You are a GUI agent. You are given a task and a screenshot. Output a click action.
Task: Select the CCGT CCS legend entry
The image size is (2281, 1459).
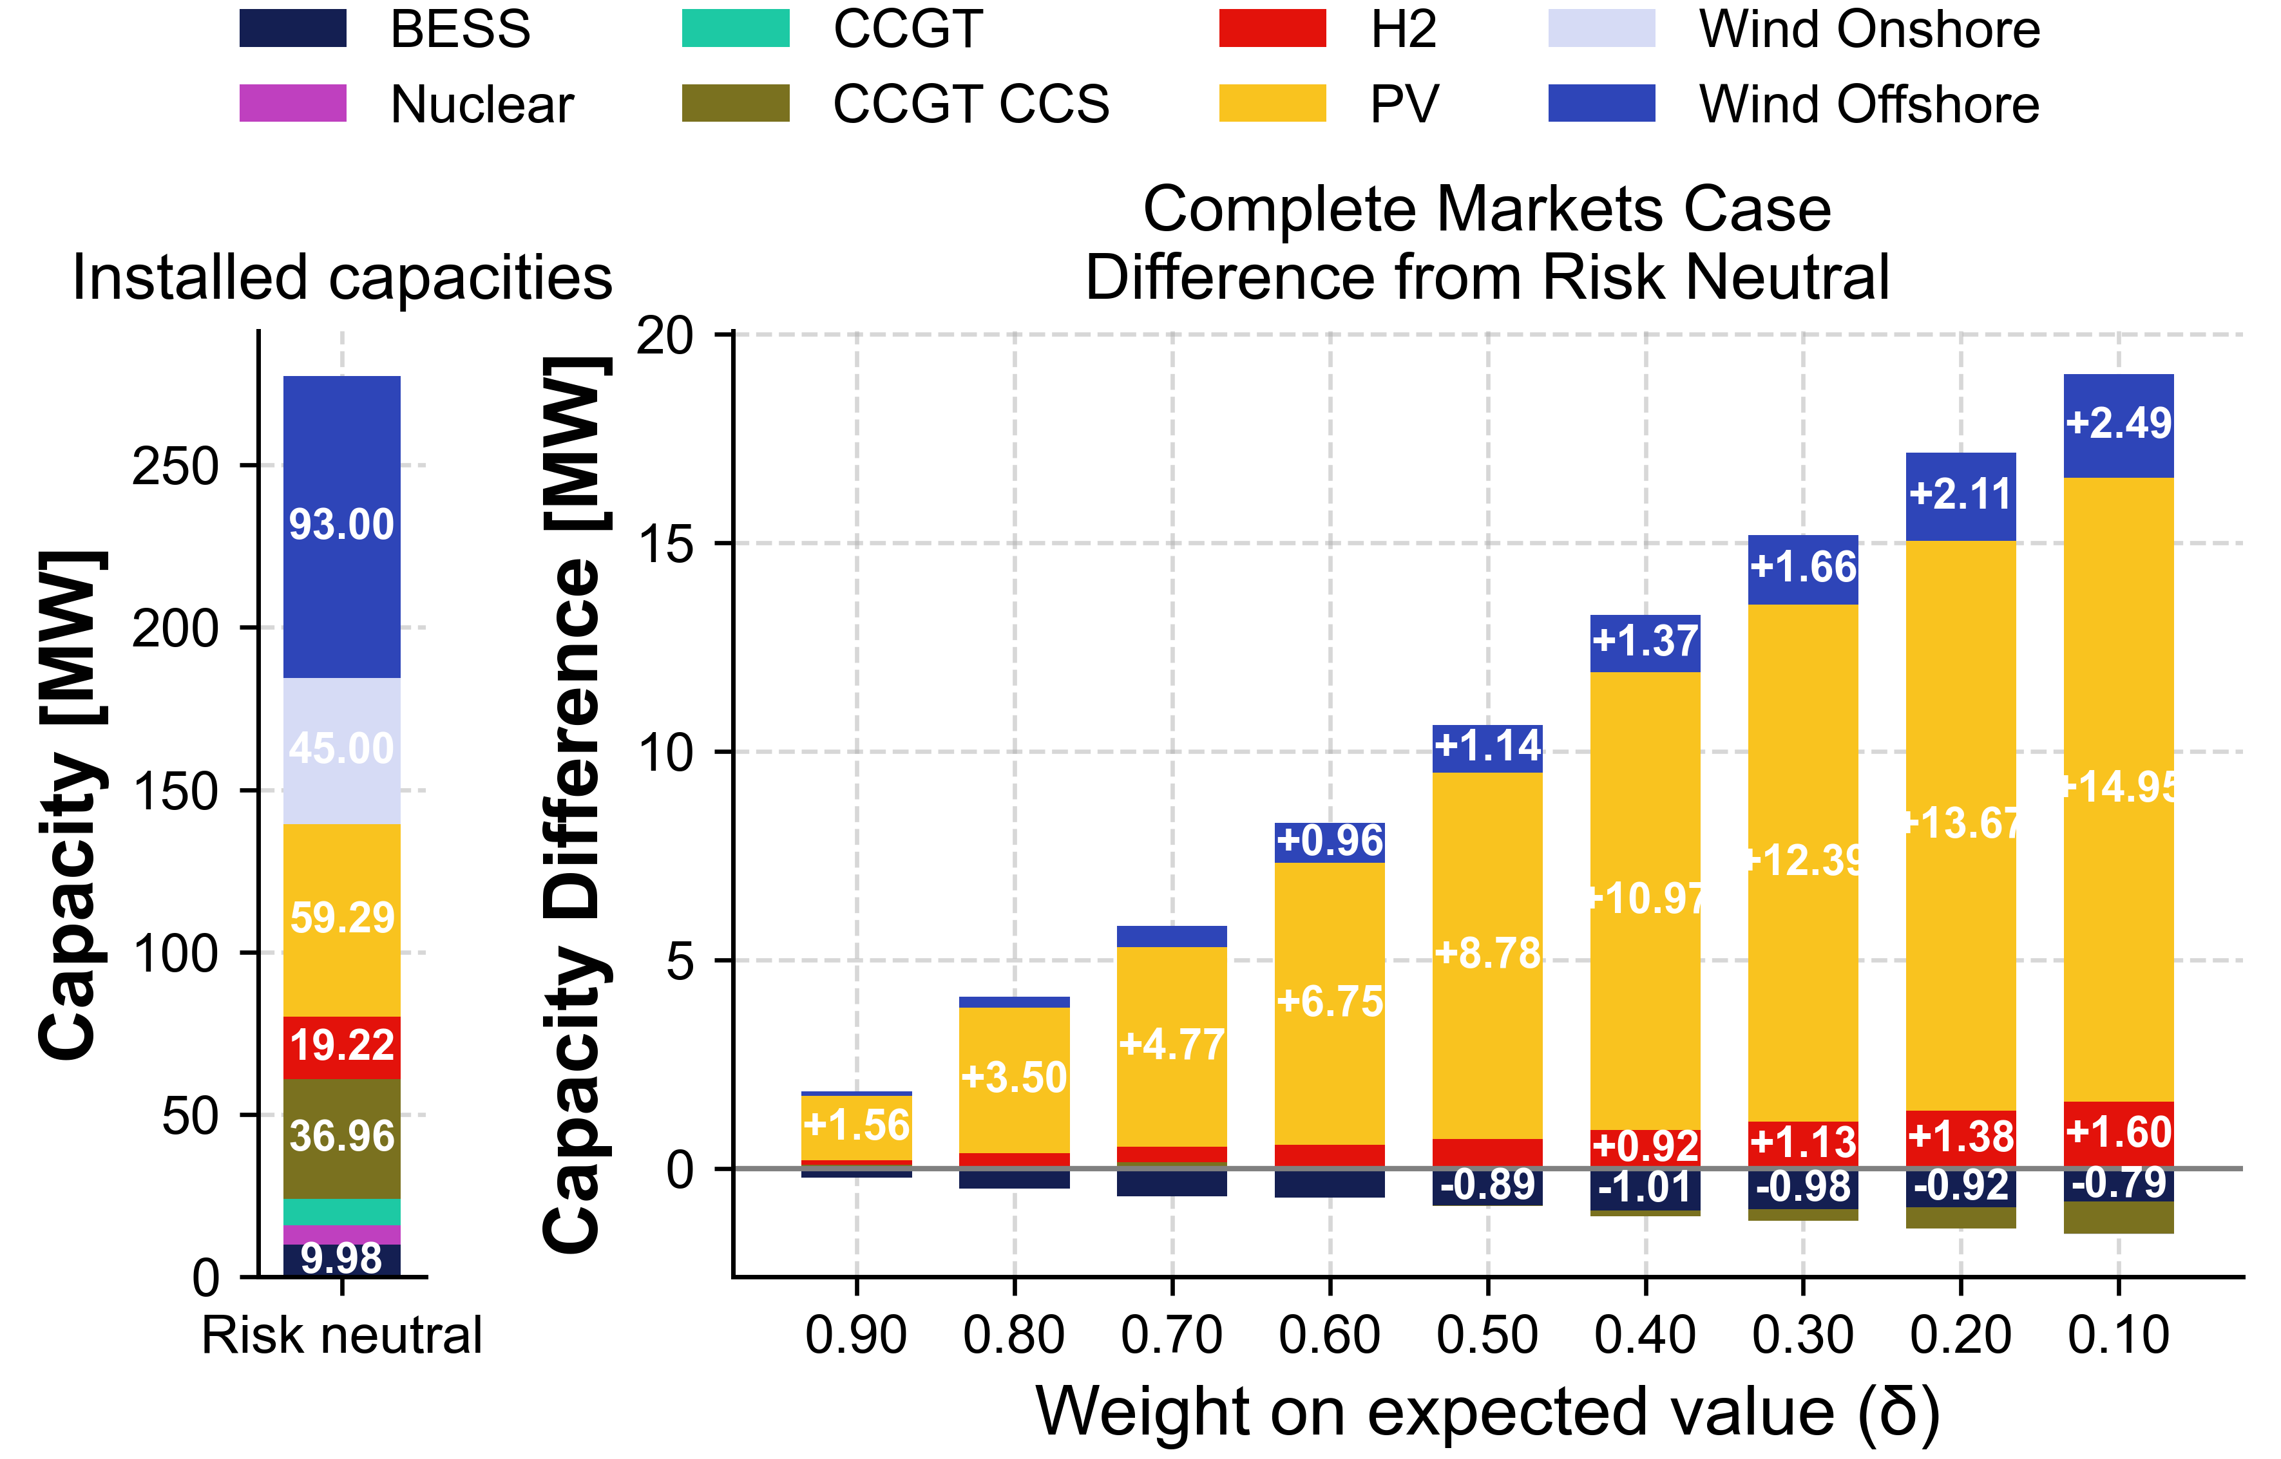coord(969,103)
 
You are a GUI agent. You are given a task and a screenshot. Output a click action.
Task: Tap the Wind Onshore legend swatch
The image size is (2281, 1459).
coord(1601,28)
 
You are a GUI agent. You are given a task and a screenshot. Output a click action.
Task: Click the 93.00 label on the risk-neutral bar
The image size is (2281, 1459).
coord(341,525)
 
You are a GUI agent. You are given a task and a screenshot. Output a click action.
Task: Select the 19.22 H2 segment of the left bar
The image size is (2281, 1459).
coord(341,1045)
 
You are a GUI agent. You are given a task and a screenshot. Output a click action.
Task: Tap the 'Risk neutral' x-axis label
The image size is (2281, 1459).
coord(342,1336)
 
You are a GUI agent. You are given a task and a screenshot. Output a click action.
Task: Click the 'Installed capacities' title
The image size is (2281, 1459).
coord(342,279)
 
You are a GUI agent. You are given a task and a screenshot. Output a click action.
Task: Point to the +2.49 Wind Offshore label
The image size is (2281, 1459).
coord(2118,422)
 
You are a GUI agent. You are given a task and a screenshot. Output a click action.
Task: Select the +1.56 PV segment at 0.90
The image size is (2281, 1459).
coord(857,1125)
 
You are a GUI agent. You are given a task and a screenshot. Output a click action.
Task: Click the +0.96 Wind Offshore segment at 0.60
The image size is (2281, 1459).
coord(1330,842)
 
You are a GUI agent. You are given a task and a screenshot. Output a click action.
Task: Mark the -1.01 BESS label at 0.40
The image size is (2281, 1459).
coord(1645,1187)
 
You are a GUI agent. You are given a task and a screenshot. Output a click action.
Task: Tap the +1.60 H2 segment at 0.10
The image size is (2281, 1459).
coord(2118,1132)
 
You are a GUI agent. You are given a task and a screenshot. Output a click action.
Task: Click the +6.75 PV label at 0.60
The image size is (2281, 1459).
coord(1330,1001)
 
